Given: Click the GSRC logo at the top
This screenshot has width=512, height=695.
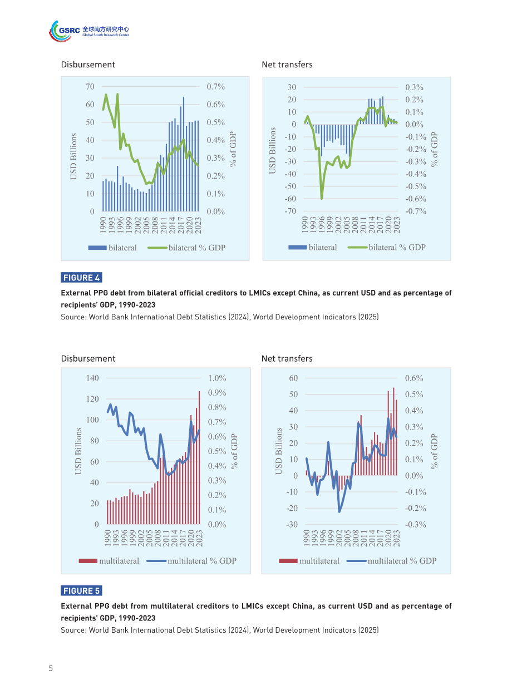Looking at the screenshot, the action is click(88, 31).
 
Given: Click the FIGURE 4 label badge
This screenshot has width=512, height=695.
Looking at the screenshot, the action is click(81, 278).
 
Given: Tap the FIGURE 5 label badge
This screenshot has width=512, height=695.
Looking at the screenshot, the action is click(81, 591).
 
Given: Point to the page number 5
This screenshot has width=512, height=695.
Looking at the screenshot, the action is click(51, 668).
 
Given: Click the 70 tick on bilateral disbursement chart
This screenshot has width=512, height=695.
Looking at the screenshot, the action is click(90, 87).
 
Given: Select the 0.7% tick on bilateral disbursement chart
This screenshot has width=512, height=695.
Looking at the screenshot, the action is click(216, 87).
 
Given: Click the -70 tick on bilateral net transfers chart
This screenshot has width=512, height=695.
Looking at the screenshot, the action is click(290, 211).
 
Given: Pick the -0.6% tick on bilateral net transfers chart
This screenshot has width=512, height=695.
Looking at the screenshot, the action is click(416, 199).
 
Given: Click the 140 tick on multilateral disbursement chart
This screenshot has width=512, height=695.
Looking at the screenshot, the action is click(92, 378).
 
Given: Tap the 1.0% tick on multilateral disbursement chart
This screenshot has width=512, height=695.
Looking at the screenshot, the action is click(217, 378).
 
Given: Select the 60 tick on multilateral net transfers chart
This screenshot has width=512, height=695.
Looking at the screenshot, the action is click(293, 378).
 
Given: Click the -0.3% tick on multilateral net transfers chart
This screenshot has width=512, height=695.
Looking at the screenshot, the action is click(416, 525).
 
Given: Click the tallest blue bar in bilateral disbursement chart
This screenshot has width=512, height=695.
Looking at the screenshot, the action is click(184, 154).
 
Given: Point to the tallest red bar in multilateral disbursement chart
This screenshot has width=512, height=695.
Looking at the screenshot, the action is click(199, 457).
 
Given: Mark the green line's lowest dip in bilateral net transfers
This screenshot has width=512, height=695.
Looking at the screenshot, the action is click(322, 199).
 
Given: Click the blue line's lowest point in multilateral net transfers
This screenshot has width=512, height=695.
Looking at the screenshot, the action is click(339, 511).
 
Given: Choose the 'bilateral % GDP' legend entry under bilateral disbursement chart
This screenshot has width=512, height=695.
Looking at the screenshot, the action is click(186, 248).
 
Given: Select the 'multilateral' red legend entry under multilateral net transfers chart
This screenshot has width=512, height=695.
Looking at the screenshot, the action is click(309, 561).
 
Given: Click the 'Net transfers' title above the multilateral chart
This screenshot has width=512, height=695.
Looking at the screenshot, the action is click(287, 359).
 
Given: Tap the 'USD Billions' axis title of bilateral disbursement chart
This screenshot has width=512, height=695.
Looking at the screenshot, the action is click(73, 156).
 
